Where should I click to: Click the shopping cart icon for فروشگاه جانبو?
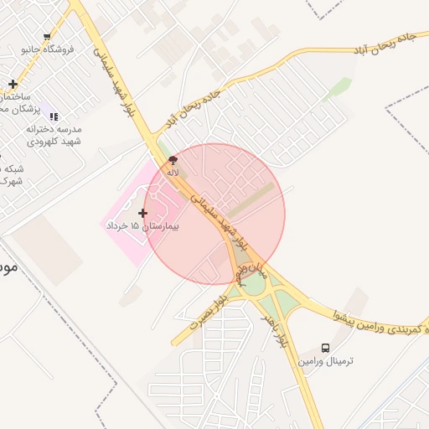click(47, 37)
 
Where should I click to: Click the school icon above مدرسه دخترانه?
click(54, 116)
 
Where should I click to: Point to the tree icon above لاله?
click(173, 159)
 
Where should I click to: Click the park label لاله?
click(173, 172)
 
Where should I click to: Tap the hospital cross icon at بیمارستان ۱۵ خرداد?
click(142, 213)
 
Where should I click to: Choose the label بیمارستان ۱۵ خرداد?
click(142, 227)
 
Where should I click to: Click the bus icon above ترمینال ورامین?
click(325, 348)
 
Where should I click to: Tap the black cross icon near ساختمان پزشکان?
click(13, 84)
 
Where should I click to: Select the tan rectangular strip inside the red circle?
click(252, 198)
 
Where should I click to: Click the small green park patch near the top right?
click(339, 87)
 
